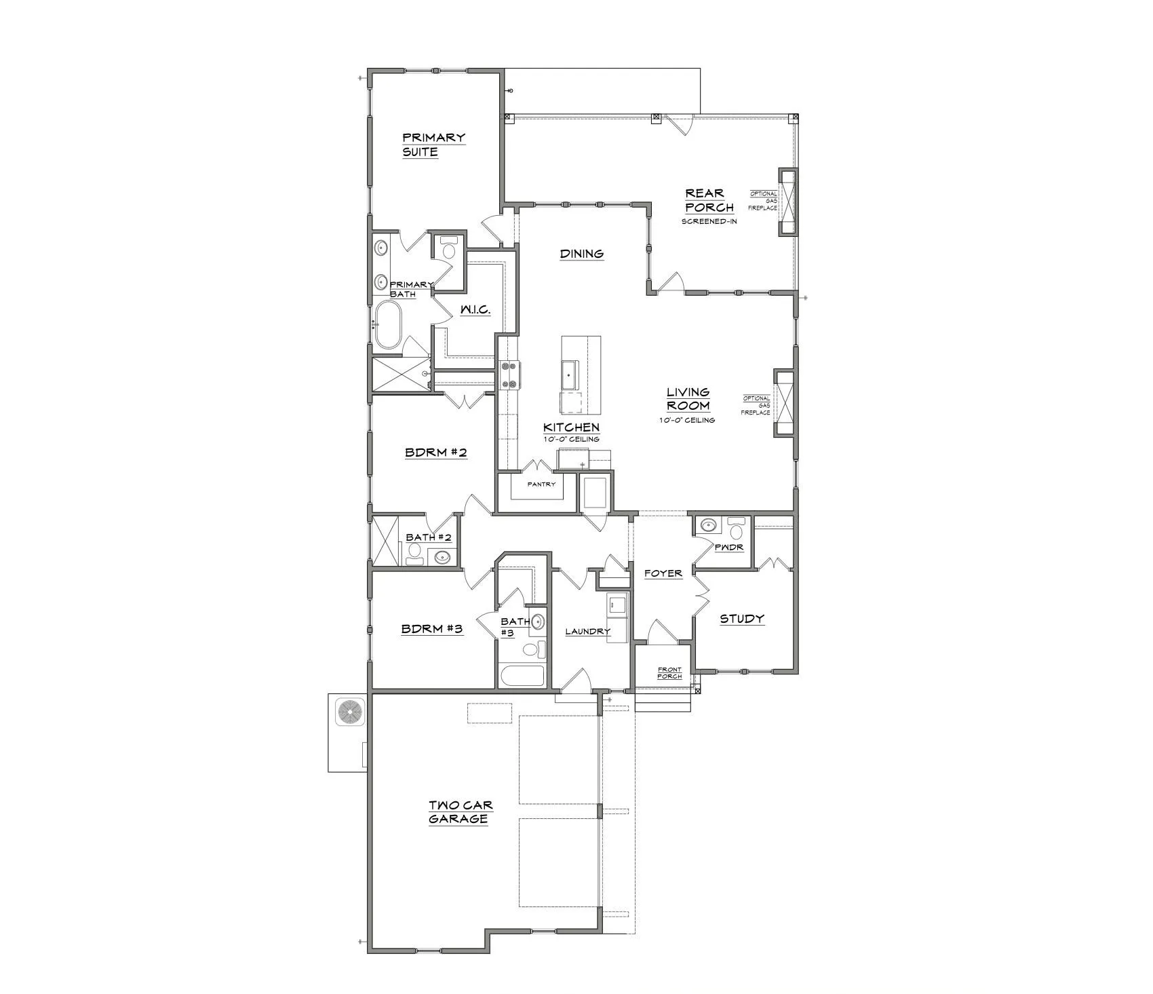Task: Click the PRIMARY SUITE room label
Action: [x=433, y=145]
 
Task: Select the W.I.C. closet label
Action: [x=475, y=309]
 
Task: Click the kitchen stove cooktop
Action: [x=509, y=376]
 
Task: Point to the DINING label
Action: [x=581, y=254]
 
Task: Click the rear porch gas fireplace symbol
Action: [x=787, y=202]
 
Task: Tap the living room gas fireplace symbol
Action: [x=784, y=402]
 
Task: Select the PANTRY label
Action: [x=541, y=484]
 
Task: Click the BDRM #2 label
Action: [x=435, y=452]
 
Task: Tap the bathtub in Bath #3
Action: [x=522, y=676]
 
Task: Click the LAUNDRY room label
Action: [x=587, y=631]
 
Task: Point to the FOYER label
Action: [x=663, y=573]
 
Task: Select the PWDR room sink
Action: [x=709, y=525]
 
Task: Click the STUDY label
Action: [x=741, y=618]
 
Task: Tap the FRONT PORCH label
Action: [x=669, y=672]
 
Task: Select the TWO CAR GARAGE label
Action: [x=460, y=811]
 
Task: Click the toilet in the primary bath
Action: [x=448, y=250]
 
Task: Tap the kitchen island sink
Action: [x=568, y=374]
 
